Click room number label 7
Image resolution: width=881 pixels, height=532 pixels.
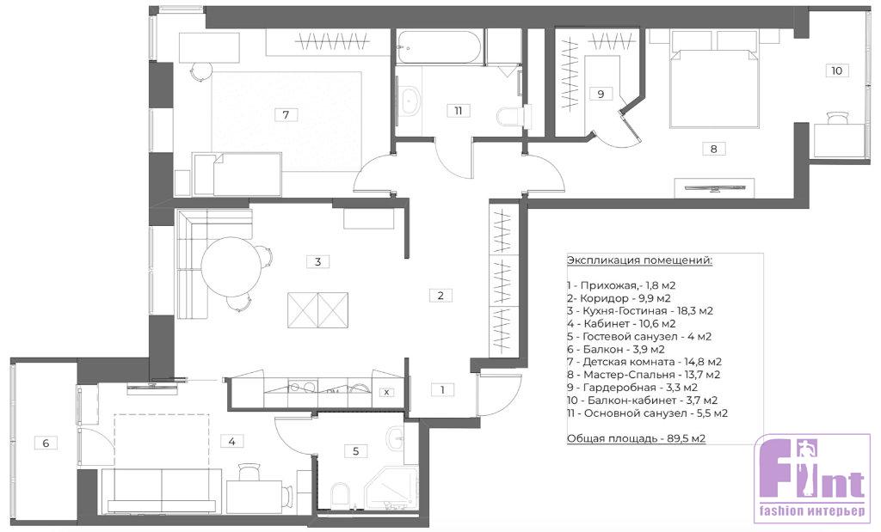[x=286, y=114]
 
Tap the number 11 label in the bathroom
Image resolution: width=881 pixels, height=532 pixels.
[x=459, y=111]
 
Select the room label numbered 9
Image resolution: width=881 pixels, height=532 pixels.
[x=601, y=94]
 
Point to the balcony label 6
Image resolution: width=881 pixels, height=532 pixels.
[x=46, y=443]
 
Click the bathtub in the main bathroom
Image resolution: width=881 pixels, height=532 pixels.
[x=439, y=47]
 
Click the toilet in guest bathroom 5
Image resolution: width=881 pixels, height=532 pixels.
[x=341, y=494]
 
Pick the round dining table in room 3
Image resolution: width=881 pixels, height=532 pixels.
[x=232, y=267]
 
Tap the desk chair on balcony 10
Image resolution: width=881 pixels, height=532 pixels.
[x=837, y=117]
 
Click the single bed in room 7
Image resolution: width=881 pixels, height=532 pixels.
[x=237, y=174]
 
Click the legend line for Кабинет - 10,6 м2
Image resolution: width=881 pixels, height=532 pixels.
[x=621, y=324]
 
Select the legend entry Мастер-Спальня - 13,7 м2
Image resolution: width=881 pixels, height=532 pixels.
[x=644, y=375]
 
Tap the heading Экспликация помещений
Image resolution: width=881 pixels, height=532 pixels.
[x=640, y=261]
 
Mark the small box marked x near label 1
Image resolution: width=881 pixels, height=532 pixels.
[x=386, y=392]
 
